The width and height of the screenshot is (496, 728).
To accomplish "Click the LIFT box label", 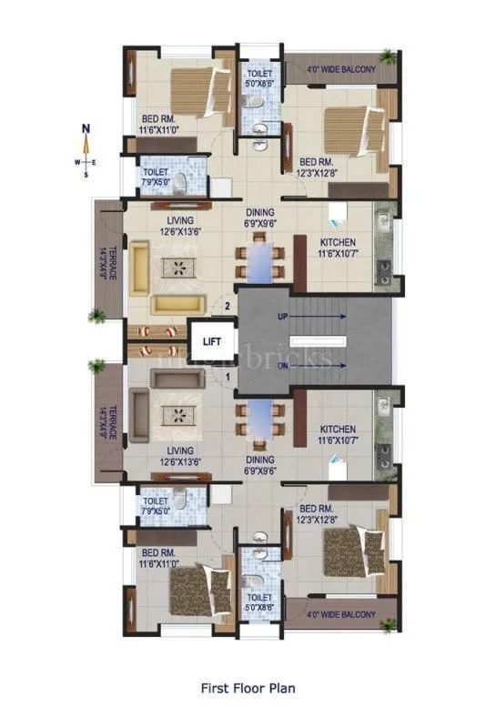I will [x=212, y=342].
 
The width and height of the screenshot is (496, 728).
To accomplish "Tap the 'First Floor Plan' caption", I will [x=248, y=689].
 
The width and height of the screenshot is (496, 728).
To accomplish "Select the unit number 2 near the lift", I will [x=227, y=308].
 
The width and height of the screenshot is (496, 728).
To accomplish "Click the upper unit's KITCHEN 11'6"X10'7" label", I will [x=337, y=248].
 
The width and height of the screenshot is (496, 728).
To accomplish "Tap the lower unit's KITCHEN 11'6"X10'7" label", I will [x=337, y=435].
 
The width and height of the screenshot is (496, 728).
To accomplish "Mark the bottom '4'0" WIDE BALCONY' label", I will [x=340, y=615].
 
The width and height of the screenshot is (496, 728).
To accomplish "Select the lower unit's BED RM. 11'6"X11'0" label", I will [x=160, y=559].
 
